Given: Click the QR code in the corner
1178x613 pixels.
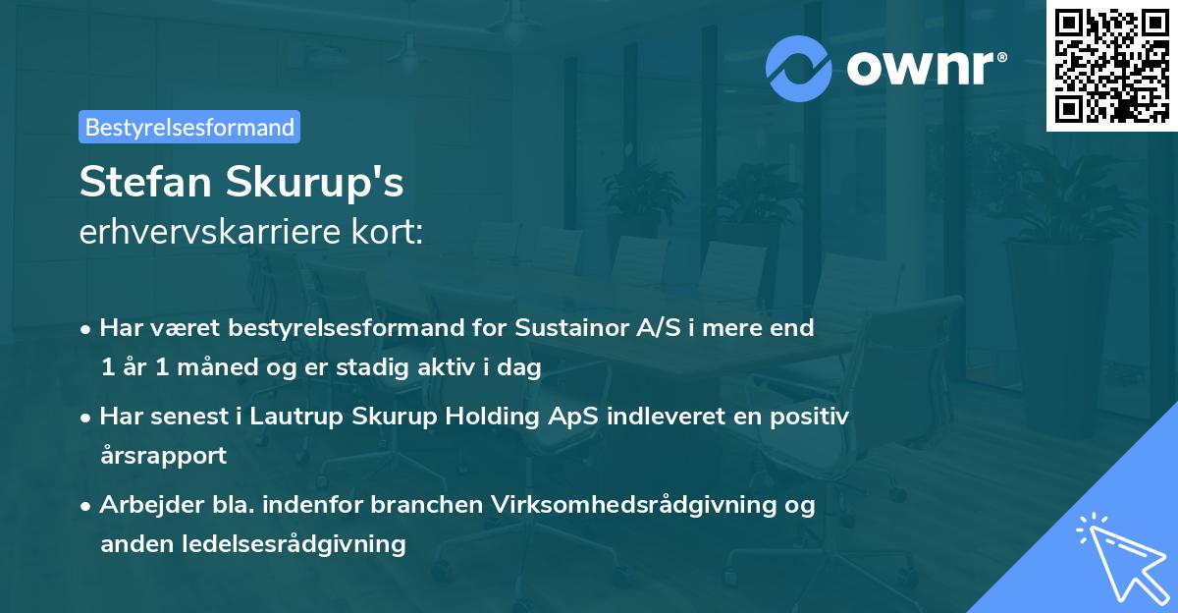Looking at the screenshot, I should point(1111,66).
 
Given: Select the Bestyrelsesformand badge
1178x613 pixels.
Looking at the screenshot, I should point(189,127).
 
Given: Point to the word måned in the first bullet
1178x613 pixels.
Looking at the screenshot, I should point(210,367).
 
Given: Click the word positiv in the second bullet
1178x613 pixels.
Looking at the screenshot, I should point(810,416).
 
